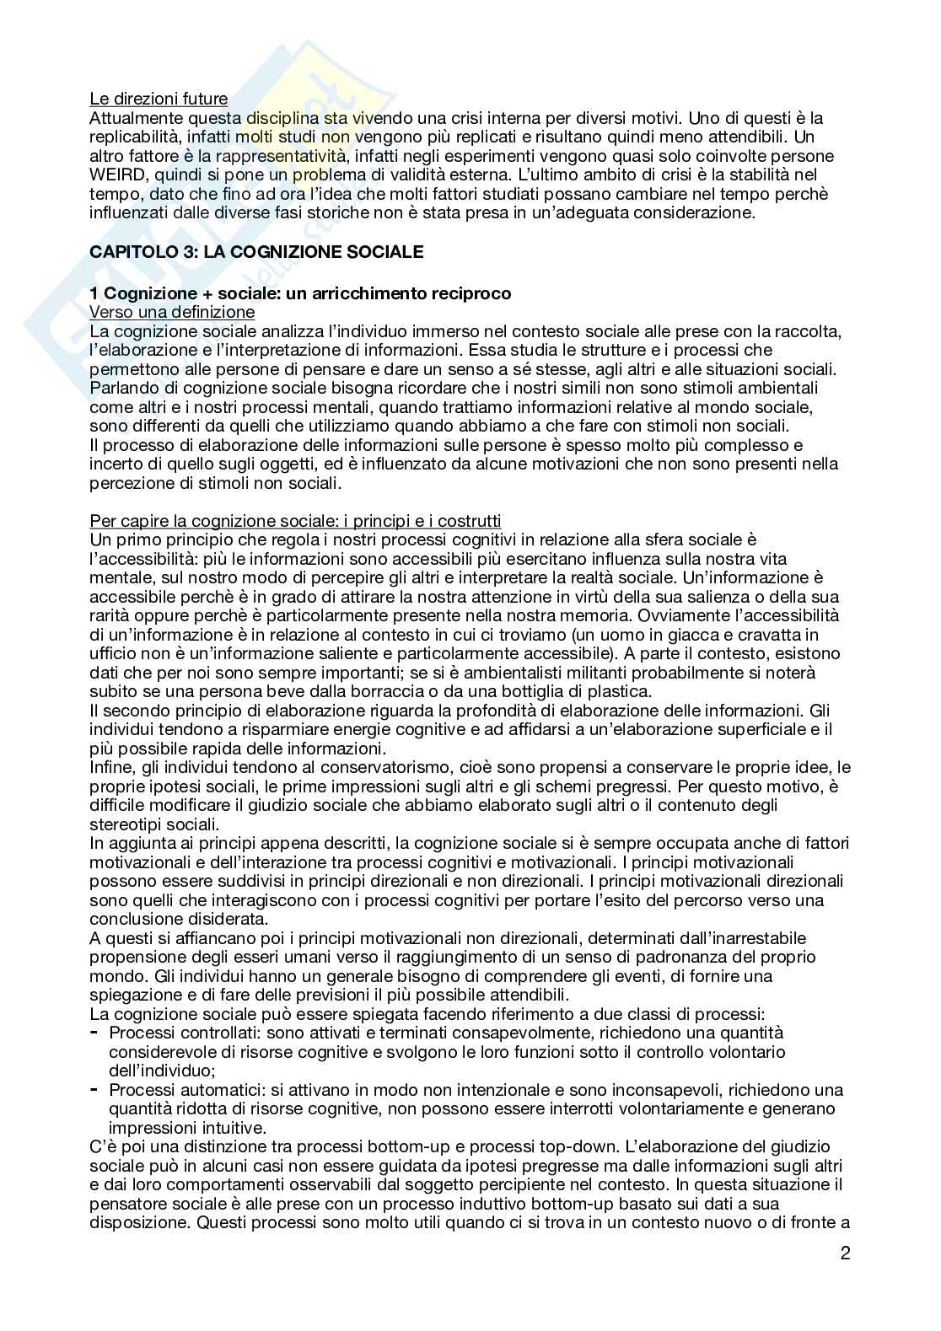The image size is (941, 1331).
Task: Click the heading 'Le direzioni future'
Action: [x=159, y=99]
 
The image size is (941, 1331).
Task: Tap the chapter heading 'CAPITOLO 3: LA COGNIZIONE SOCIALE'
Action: [x=256, y=251]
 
